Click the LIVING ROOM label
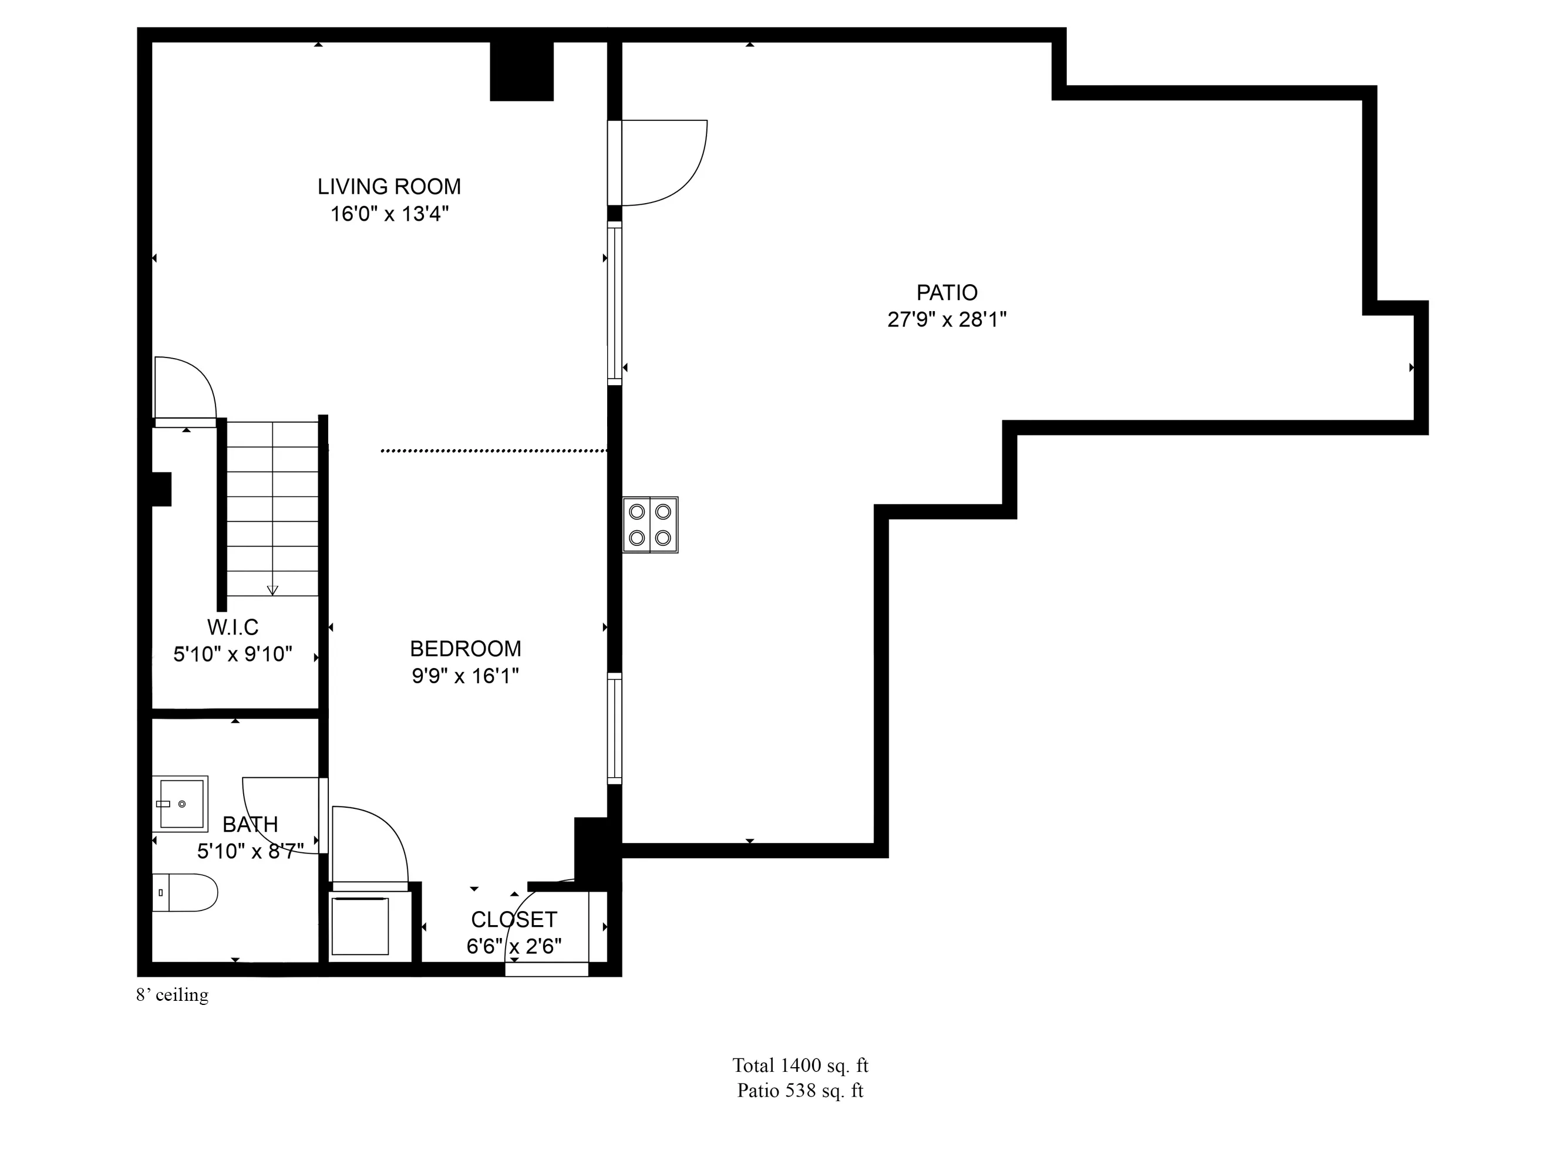click(389, 187)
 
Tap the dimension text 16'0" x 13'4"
click(389, 214)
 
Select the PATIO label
click(947, 292)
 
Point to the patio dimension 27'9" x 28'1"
click(947, 320)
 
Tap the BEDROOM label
click(465, 649)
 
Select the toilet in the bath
click(186, 892)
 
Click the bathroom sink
click(180, 803)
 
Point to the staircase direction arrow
click(272, 589)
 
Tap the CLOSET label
click(514, 919)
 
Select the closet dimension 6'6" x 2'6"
click(514, 946)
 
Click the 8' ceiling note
click(172, 995)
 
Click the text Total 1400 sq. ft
click(800, 1065)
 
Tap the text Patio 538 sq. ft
click(800, 1091)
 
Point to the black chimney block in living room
click(521, 71)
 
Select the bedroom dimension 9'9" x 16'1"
click(465, 676)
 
